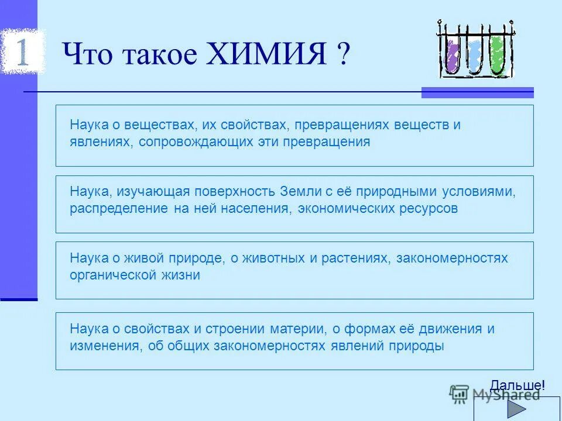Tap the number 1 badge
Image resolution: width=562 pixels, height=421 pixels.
click(x=21, y=51)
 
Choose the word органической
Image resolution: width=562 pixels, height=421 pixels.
click(x=107, y=275)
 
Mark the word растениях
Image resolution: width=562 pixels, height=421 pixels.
click(x=354, y=258)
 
